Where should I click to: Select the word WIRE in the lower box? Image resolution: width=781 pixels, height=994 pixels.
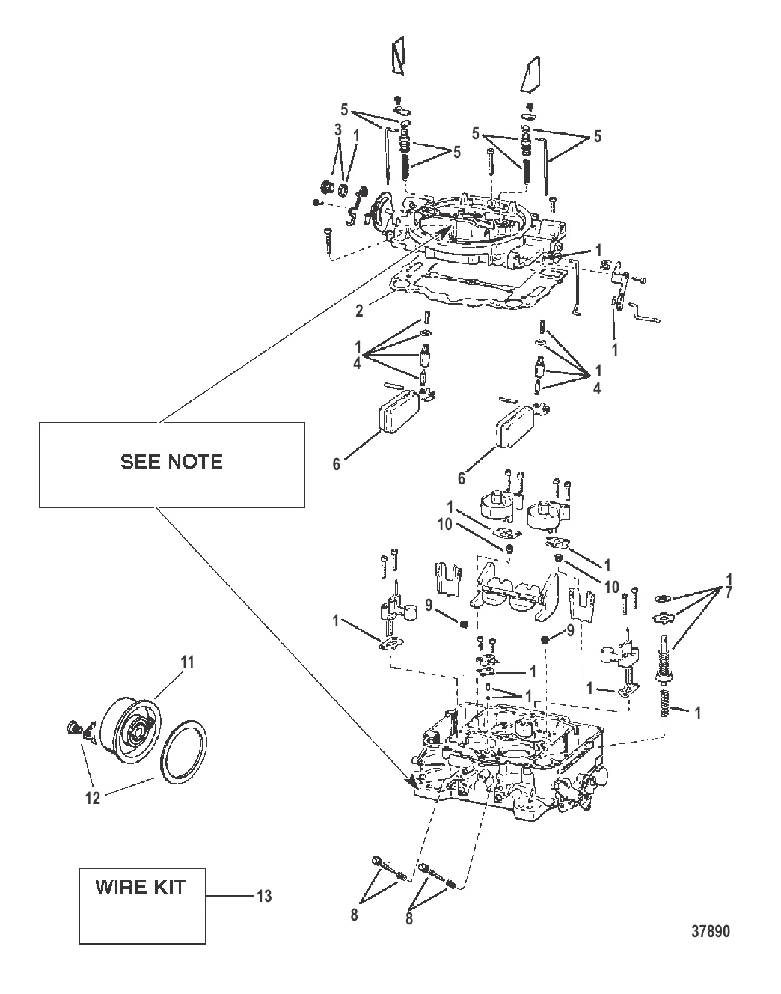point(120,888)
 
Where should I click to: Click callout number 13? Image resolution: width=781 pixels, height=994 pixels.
point(265,896)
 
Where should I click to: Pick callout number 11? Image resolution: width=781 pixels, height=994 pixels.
point(187,661)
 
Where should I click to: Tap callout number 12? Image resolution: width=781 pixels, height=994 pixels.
point(92,799)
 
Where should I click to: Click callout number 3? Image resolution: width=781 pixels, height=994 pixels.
point(337,129)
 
